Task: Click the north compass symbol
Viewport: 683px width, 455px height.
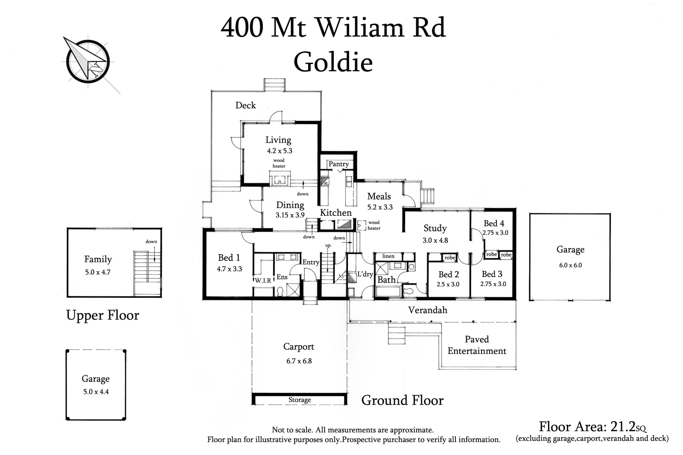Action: [x=88, y=61]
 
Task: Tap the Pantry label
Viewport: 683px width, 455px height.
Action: [x=339, y=164]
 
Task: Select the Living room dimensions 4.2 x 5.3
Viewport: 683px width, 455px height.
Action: [x=280, y=151]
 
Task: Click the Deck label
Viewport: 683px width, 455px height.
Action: [x=245, y=105]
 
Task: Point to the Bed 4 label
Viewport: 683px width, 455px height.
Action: [x=494, y=223]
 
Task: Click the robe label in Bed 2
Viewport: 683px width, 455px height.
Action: [x=449, y=258]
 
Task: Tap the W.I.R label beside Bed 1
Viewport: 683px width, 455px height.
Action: [x=263, y=281]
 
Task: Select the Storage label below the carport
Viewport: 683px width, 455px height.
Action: [x=299, y=400]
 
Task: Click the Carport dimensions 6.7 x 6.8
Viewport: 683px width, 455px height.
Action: [x=299, y=361]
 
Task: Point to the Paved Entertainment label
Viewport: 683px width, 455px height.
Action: [x=477, y=345]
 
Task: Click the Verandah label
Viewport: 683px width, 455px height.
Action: [x=427, y=310]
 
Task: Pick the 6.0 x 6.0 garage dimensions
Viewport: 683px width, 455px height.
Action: [x=570, y=265]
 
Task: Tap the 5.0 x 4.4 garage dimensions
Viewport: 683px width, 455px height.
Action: [x=96, y=392]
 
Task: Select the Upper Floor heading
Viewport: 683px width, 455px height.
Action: [x=102, y=315]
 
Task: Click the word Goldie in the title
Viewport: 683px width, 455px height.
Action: [x=333, y=62]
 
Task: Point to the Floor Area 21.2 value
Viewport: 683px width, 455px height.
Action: [x=624, y=426]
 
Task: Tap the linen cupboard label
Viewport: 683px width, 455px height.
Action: [x=388, y=256]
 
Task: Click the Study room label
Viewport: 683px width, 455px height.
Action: [x=435, y=229]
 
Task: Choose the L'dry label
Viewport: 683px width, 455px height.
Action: [x=365, y=274]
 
